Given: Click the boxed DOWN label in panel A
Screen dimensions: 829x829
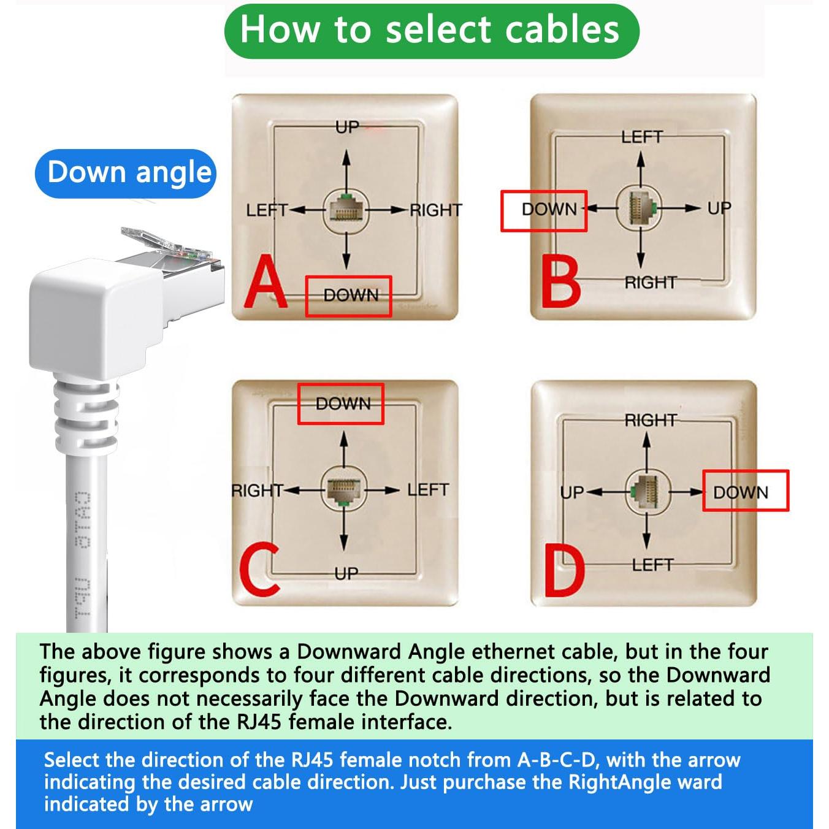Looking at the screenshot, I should (x=349, y=296).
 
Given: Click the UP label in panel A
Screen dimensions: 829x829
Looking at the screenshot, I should (x=346, y=128).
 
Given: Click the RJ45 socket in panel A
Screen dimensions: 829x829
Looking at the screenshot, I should (x=346, y=209).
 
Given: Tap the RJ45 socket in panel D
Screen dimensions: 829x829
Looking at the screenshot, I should (x=647, y=491).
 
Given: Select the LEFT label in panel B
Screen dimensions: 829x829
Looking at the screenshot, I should (x=641, y=137).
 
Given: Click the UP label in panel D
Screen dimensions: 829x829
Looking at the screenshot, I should (x=571, y=492).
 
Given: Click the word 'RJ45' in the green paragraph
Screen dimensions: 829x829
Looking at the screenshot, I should (x=259, y=722).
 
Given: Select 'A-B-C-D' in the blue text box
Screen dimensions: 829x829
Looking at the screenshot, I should (x=557, y=760).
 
